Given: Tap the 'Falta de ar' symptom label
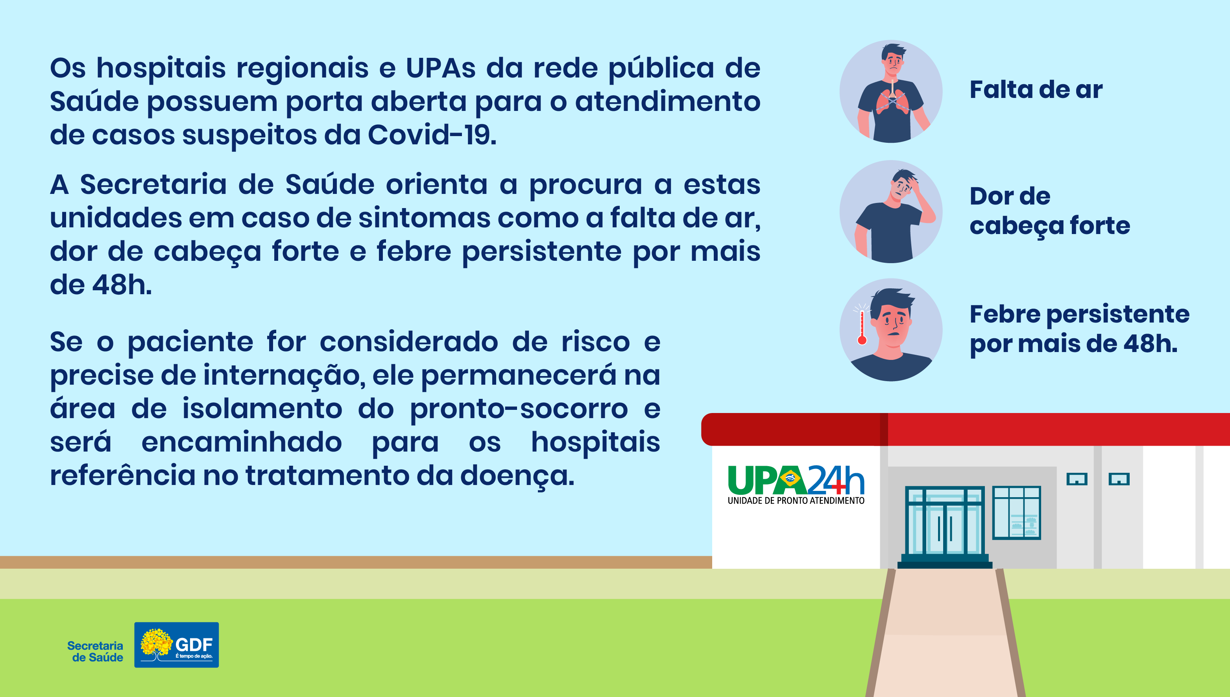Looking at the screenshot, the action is pos(1036,90).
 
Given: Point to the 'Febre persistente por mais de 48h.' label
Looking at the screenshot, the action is pos(1080,329).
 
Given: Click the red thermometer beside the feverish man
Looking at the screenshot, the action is pos(862,327).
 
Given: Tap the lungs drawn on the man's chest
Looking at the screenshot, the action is pos(892,101).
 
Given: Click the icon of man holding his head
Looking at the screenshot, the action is pos(891,212).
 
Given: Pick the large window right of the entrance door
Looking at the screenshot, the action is pos(1016,513).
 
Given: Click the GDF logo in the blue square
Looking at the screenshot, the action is pos(177,645).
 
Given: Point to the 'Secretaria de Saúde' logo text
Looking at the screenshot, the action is pos(95,651).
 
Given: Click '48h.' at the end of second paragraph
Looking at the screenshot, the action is pos(122,285).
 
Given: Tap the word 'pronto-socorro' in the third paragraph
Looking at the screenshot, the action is pos(519,410).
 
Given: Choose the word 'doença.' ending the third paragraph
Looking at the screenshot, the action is pos(517,477).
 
